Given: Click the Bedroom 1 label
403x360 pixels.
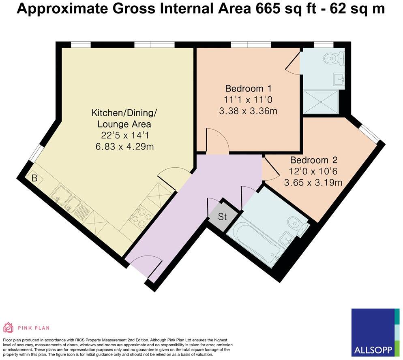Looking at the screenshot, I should coord(248,88).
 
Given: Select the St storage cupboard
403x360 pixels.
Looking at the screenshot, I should coord(222,217).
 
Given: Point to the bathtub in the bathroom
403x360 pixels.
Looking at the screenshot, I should coord(255,243).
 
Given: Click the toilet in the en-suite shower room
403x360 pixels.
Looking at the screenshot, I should coord(335,58).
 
